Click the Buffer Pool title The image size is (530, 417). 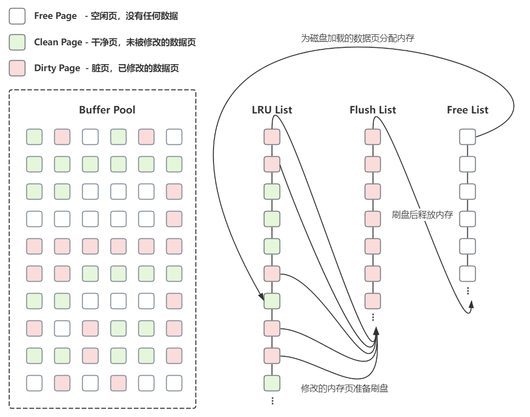(107, 110)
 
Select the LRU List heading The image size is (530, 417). (272, 110)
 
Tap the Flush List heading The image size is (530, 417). (373, 110)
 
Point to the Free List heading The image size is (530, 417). (467, 110)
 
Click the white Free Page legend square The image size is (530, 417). (17, 16)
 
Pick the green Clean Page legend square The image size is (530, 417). (17, 42)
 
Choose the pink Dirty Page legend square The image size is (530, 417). (17, 68)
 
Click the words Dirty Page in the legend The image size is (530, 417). (57, 68)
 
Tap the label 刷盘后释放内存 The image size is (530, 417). (422, 215)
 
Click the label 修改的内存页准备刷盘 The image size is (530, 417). (344, 389)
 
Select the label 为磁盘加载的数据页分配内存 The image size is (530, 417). (357, 38)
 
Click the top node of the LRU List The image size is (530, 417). (272, 137)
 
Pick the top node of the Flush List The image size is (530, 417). (373, 137)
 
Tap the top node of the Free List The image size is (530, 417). (467, 137)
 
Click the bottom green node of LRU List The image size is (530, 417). (272, 383)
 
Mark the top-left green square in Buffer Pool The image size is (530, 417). (34, 137)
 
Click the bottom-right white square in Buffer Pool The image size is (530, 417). (174, 383)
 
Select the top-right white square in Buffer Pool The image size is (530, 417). (174, 137)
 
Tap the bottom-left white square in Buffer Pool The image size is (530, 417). (34, 383)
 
